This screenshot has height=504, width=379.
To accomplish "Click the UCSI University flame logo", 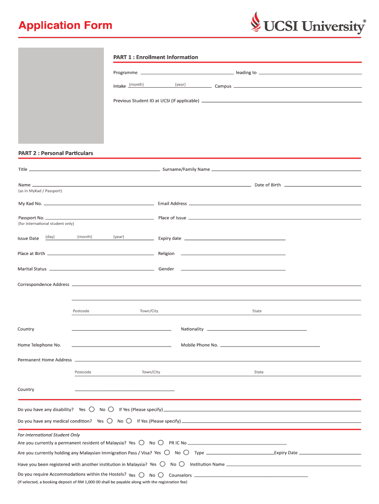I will [x=255, y=22].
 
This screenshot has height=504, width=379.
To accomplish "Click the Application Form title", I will [x=65, y=26].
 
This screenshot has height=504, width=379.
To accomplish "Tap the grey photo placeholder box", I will [x=61, y=95].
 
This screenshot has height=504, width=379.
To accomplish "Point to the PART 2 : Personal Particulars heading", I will [x=56, y=153].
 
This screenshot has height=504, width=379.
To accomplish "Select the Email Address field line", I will [x=275, y=203].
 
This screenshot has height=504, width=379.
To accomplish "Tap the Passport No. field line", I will [x=100, y=217].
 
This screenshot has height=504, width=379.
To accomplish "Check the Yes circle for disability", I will [x=92, y=409].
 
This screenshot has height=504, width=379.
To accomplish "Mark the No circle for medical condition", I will [x=129, y=421].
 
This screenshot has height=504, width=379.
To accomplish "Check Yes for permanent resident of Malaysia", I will [x=142, y=442].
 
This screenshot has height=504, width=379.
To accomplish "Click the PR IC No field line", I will [x=237, y=443].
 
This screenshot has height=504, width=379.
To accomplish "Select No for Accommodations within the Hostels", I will [x=161, y=475].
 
